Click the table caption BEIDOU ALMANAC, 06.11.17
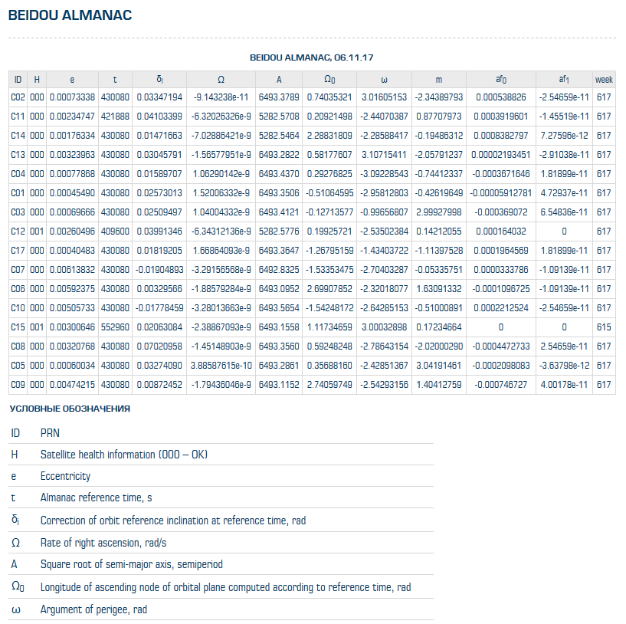[312, 57]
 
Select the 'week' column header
[604, 79]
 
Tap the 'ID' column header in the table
[18, 79]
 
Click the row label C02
[18, 97]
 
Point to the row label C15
[18, 327]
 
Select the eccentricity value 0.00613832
[72, 270]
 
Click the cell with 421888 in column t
[115, 117]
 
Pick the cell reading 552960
[115, 327]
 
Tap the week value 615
[604, 327]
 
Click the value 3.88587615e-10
[221, 366]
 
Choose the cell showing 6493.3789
[279, 97]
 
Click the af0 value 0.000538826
[500, 97]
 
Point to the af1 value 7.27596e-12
[563, 136]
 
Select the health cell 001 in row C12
[37, 232]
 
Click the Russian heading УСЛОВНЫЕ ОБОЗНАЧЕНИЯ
[70, 409]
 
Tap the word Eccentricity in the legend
[65, 477]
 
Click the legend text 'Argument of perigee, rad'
[93, 610]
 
